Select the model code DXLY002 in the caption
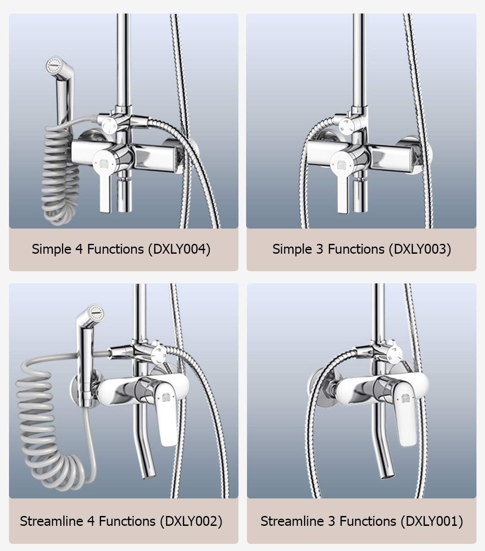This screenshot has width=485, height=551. click(191, 521)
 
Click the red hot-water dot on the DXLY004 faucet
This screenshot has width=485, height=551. click(96, 163)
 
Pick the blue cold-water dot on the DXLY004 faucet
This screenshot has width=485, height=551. click(113, 164)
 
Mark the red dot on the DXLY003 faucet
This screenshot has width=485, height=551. click(333, 164)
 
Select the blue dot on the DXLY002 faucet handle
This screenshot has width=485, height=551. click(173, 397)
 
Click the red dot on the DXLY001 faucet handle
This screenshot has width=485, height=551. click(398, 400)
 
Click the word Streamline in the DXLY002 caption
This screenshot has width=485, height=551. click(51, 521)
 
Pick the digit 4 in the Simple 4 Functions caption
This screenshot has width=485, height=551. click(79, 249)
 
